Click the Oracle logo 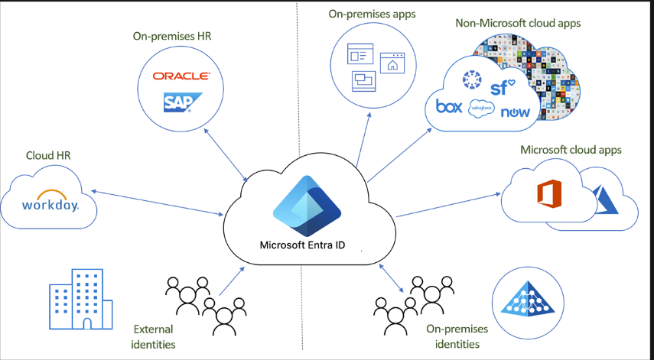[181, 76]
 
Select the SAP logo [181, 102]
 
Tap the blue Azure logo [605, 200]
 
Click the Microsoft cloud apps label [571, 149]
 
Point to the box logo [448, 106]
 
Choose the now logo [516, 112]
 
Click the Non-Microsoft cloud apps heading [518, 23]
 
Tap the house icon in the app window [392, 64]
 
